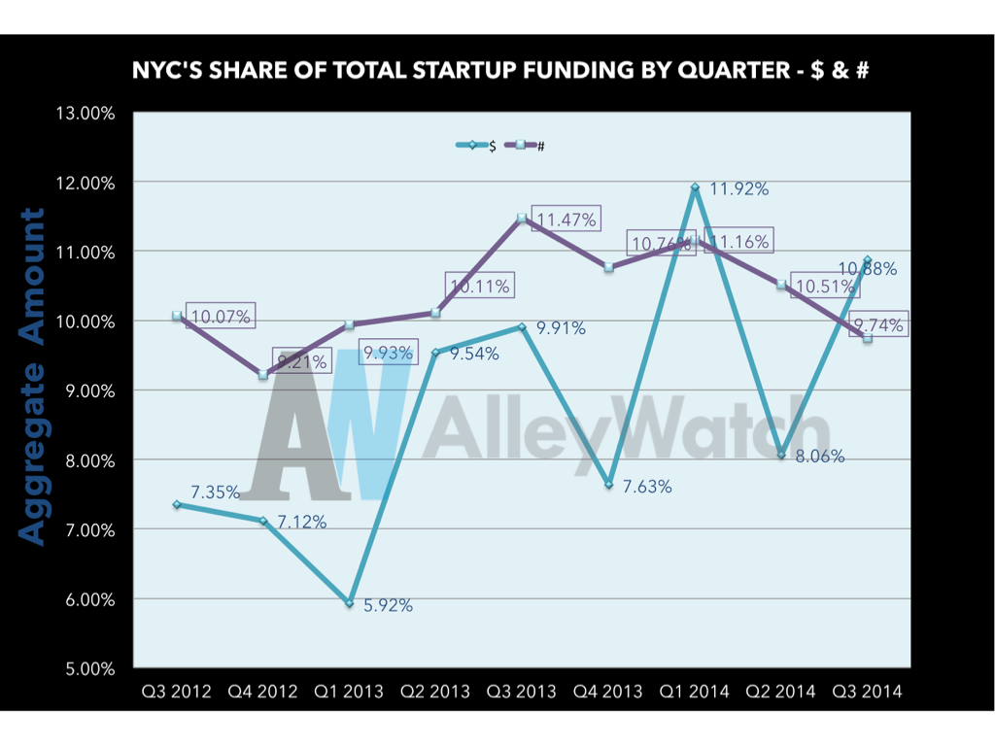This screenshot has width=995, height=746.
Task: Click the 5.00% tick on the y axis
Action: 88,668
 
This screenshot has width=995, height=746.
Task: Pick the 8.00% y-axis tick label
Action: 88,460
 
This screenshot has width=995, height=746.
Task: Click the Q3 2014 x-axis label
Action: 867,692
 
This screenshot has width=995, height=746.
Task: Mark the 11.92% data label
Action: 738,189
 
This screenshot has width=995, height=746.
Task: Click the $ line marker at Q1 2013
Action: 349,603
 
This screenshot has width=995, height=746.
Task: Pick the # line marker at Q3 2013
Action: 522,219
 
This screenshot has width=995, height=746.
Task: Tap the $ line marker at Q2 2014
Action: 781,455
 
